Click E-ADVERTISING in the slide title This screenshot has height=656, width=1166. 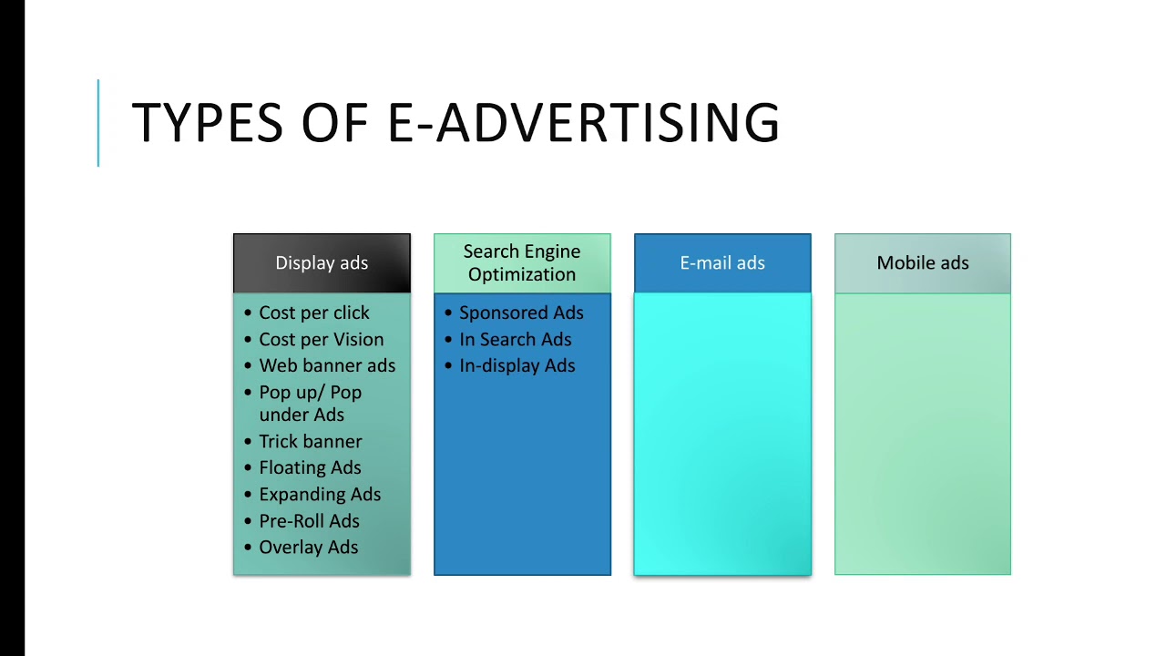[584, 123]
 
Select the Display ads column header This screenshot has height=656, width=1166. [322, 263]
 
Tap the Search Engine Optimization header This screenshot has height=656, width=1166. [522, 263]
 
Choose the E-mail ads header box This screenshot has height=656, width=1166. [722, 263]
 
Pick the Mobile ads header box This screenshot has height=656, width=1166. [923, 263]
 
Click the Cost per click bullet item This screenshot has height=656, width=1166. [314, 313]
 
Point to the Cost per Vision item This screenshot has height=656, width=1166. [322, 340]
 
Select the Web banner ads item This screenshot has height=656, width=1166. [327, 366]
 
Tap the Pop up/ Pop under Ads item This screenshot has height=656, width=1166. [310, 404]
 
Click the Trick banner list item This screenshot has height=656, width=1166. [311, 442]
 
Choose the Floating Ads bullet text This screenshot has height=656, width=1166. [310, 468]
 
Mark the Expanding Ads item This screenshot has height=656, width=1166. [320, 495]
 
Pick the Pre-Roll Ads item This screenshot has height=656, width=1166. [309, 521]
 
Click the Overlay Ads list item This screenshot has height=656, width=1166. [308, 548]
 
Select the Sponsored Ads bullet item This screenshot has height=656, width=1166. [521, 313]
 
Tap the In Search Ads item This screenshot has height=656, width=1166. [516, 340]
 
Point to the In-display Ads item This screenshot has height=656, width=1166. [517, 366]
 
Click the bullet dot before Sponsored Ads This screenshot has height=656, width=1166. [448, 313]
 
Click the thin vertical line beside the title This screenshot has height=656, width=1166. [98, 123]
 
